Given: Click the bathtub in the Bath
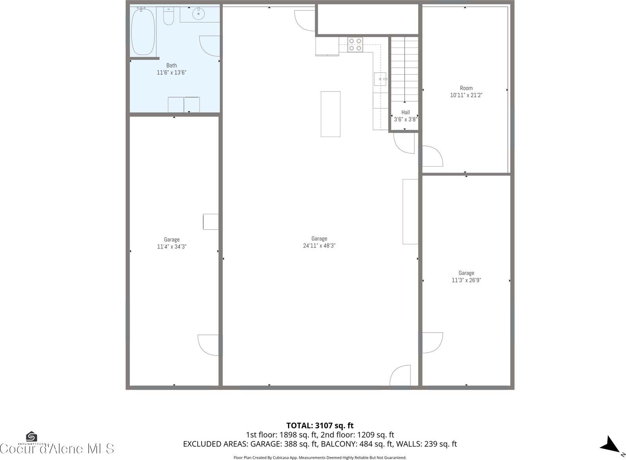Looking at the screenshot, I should tap(143, 31).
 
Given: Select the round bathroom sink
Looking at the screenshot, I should tap(199, 14).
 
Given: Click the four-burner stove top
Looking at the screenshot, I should tap(355, 45).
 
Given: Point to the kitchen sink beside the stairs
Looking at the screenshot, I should tap(380, 79).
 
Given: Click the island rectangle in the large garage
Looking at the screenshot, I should tap(331, 114).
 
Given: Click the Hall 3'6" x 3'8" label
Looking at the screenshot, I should tap(405, 116).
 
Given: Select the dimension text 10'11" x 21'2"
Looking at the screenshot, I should tap(466, 95).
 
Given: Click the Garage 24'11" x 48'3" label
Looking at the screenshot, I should tap(319, 242).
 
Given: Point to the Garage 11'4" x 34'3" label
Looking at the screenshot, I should tap(172, 243).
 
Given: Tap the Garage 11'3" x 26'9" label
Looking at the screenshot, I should tap(466, 277).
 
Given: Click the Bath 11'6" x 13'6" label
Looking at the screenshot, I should tap(171, 69).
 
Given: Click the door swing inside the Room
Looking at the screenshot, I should tap(432, 156).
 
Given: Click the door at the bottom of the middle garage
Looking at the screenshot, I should tap(400, 376).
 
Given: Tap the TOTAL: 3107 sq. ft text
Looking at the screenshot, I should tap(320, 426).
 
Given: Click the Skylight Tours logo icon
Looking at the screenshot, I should tap(31, 437).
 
